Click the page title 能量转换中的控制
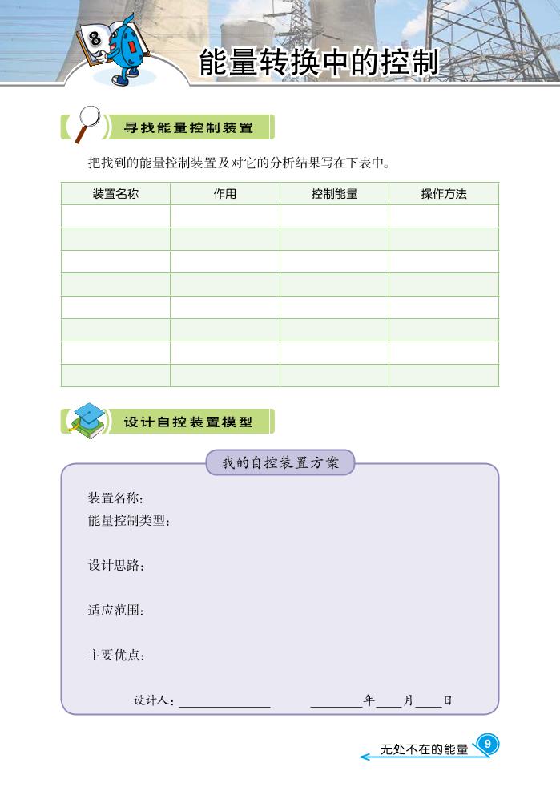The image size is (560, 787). tap(319, 63)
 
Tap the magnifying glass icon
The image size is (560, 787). tap(87, 123)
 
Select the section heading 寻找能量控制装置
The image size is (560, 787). tap(188, 127)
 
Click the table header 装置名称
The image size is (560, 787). tap(115, 194)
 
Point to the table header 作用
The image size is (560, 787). tap(225, 194)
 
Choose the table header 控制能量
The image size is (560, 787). tap(334, 194)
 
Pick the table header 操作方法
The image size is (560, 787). tap(444, 194)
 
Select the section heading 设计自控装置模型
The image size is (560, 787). tap(188, 422)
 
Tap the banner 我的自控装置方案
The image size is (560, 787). tap(280, 462)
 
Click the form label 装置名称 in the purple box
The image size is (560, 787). tap(115, 498)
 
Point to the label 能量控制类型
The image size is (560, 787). tap(129, 521)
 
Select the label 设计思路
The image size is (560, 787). tap(115, 566)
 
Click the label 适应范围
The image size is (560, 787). tap(115, 611)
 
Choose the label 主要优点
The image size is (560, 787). tap(115, 656)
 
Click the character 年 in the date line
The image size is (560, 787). tap(369, 700)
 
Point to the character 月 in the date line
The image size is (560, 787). tap(409, 700)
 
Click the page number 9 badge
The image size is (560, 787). tap(487, 744)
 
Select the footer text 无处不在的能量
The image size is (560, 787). tap(424, 750)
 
